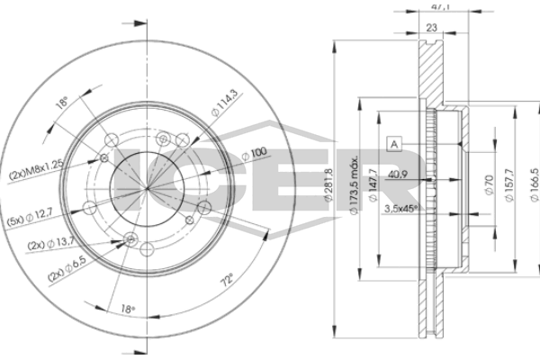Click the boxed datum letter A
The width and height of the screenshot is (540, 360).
point(393,143)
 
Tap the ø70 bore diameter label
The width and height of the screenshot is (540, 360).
point(491,187)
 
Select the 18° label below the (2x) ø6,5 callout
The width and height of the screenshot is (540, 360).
point(130,310)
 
